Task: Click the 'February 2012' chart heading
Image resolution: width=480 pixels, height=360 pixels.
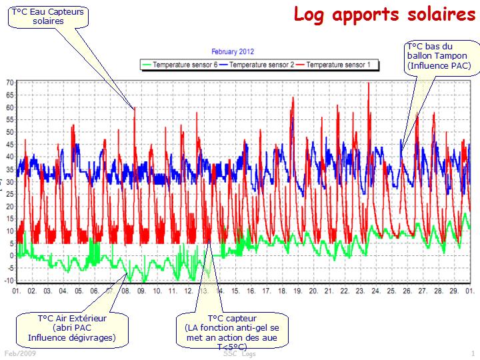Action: tap(233, 51)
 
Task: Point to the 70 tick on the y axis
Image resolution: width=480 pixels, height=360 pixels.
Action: tap(10, 83)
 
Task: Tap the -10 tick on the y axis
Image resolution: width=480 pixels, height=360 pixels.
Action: tap(9, 280)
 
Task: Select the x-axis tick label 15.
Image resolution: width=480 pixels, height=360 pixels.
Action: tap(235, 291)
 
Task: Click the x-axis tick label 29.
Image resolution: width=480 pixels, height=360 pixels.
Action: tap(454, 291)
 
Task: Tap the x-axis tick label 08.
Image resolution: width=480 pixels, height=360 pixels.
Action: tap(125, 291)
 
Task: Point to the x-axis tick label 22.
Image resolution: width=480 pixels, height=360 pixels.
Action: tap(345, 291)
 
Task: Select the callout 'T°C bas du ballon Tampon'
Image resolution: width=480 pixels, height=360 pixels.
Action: tap(438, 55)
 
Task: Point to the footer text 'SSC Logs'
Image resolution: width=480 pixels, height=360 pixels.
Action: tap(239, 354)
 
